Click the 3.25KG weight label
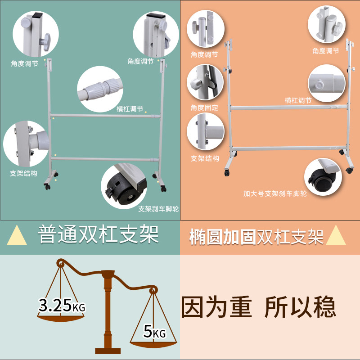pyautogui.click(x=62, y=306)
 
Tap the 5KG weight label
pyautogui.click(x=154, y=333)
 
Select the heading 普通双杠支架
pyautogui.click(x=98, y=235)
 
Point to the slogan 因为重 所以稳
pyautogui.click(x=258, y=307)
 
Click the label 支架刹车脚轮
pyautogui.click(x=158, y=209)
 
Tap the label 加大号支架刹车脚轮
pyautogui.click(x=275, y=194)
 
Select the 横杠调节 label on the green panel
pyautogui.click(x=130, y=109)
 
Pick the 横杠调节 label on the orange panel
pyautogui.click(x=298, y=100)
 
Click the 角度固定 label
pyautogui.click(x=204, y=108)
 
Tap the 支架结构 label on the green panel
pyautogui.click(x=23, y=173)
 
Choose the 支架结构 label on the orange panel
pyautogui.click(x=205, y=158)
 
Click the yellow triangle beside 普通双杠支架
pyautogui.click(x=17, y=235)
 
